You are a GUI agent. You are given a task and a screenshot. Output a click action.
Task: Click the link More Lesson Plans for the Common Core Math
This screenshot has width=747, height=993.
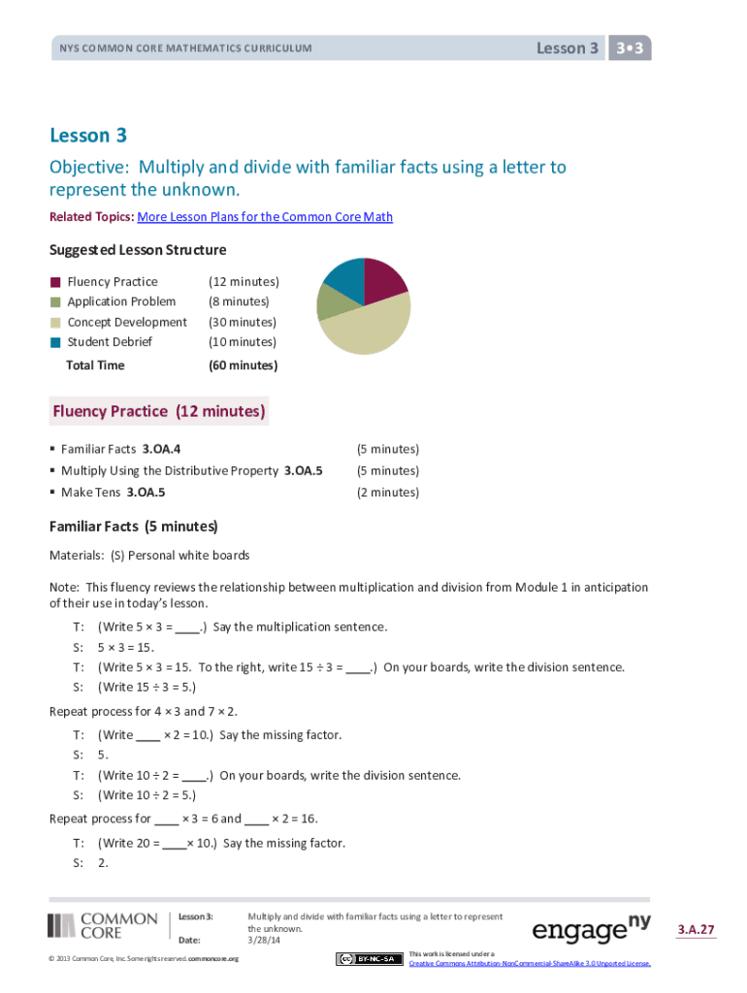click(265, 217)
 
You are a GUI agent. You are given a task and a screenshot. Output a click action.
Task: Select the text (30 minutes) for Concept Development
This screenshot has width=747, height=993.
click(243, 322)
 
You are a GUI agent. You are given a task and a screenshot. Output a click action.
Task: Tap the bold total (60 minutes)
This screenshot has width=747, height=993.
click(243, 366)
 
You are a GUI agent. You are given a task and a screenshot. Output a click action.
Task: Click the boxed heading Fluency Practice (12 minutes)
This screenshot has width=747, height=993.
click(159, 411)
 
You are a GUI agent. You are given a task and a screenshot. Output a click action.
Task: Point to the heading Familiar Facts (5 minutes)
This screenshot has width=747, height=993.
click(134, 527)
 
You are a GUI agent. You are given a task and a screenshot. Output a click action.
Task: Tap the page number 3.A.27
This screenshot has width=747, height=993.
click(696, 930)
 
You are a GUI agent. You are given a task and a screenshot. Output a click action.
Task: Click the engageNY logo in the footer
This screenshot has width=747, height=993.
click(591, 930)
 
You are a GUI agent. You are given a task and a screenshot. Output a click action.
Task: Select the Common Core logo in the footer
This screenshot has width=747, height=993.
click(103, 925)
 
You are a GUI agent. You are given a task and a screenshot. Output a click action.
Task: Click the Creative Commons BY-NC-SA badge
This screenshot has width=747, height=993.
click(370, 959)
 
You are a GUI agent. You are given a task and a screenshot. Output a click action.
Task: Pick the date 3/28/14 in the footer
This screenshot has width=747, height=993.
click(262, 940)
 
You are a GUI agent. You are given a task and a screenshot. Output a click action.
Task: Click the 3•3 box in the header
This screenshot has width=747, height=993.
click(630, 48)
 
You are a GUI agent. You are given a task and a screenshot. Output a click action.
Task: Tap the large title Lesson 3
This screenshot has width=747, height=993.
click(88, 135)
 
